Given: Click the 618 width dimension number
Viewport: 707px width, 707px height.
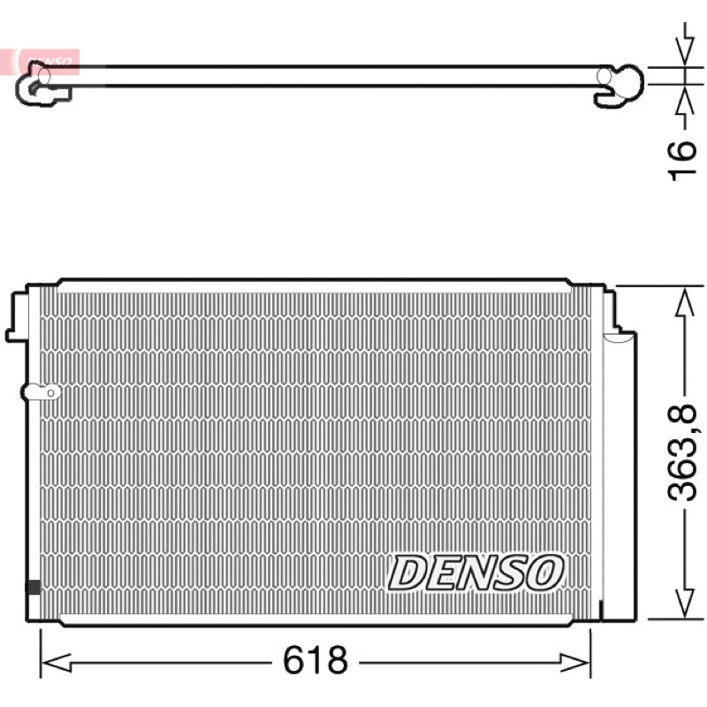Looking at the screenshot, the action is pyautogui.click(x=315, y=659).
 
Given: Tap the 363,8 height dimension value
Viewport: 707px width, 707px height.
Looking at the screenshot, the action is pyautogui.click(x=681, y=452).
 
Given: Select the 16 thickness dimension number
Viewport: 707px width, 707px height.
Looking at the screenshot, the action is pyautogui.click(x=681, y=161).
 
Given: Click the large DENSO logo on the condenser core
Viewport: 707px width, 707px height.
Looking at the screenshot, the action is pyautogui.click(x=475, y=573).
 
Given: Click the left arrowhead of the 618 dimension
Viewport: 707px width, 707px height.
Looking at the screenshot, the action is pyautogui.click(x=56, y=662).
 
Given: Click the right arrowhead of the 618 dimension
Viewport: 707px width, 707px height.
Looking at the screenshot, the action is pyautogui.click(x=575, y=662).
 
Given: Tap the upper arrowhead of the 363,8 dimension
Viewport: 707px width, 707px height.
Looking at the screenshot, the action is pyautogui.click(x=685, y=303).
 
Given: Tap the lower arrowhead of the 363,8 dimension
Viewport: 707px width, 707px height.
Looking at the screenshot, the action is pyautogui.click(x=685, y=603).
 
